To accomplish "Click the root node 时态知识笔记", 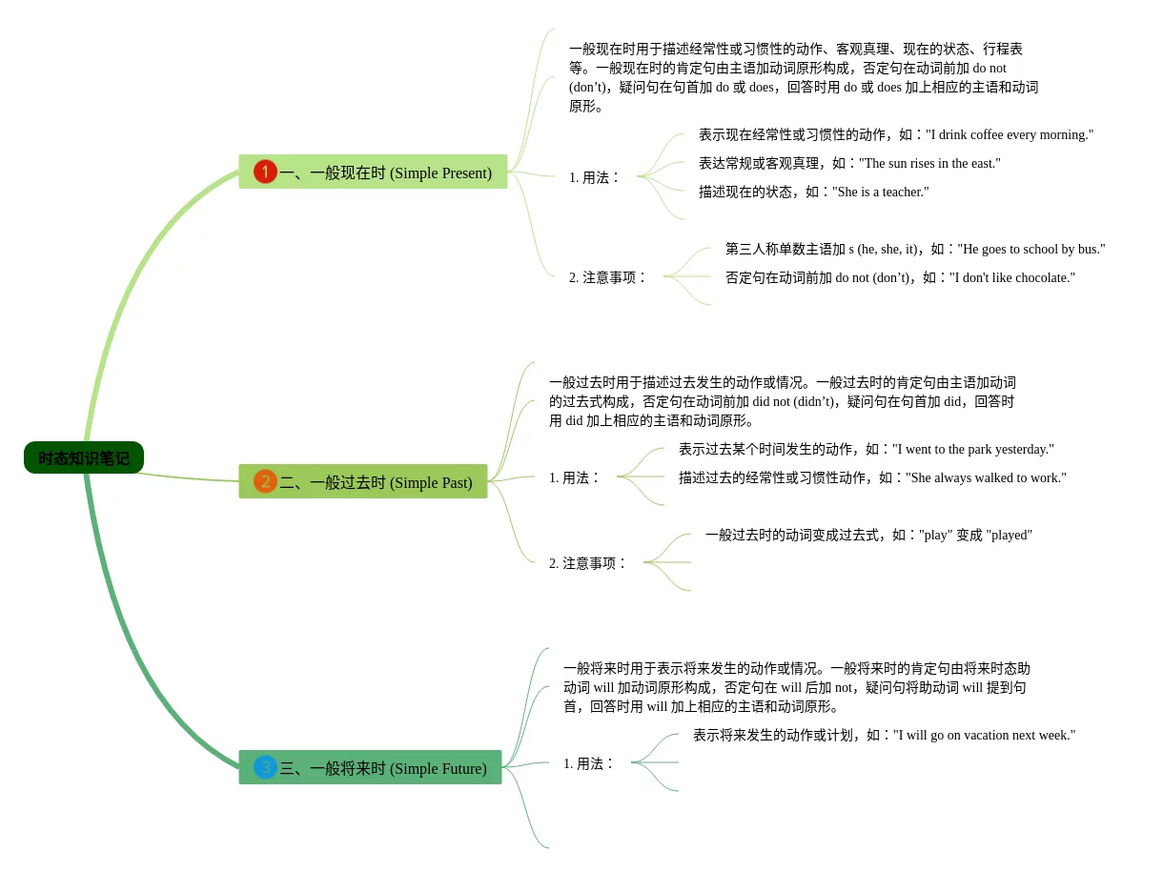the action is pyautogui.click(x=84, y=457).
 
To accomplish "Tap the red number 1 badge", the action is pyautogui.click(x=265, y=172).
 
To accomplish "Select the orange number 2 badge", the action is pyautogui.click(x=265, y=481).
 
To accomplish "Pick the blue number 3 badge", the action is pyautogui.click(x=265, y=767).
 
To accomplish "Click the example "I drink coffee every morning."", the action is pyautogui.click(x=1010, y=134).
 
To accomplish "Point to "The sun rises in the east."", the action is pyautogui.click(x=929, y=163).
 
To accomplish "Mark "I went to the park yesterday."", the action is pyautogui.click(x=972, y=449).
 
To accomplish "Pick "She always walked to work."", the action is pyautogui.click(x=986, y=477).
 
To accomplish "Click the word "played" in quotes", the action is pyautogui.click(x=1009, y=535).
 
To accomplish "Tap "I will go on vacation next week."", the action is pyautogui.click(x=984, y=735).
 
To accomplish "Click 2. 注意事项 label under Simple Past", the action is pyautogui.click(x=587, y=563).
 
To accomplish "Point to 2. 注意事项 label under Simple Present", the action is pyautogui.click(x=607, y=277).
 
